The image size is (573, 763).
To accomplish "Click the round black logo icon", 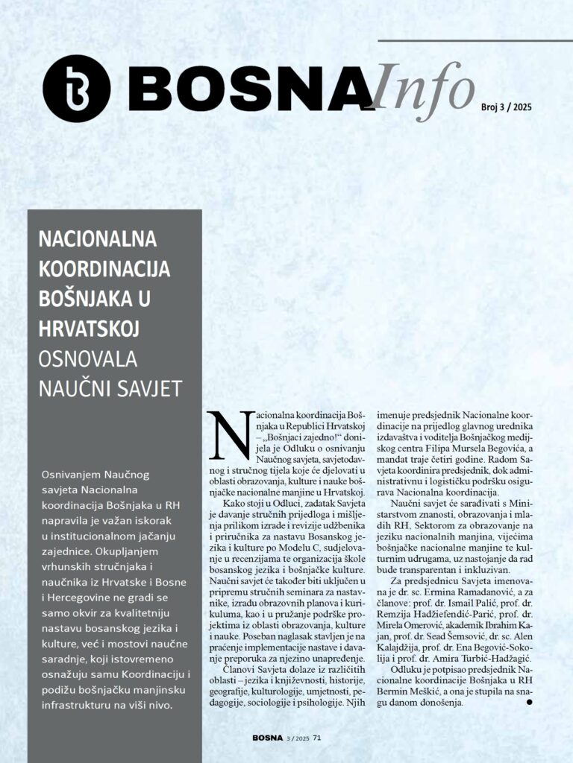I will click(x=77, y=88).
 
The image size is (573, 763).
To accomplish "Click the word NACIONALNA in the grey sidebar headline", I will click(x=97, y=240).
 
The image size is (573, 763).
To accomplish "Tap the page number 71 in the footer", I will click(x=317, y=738).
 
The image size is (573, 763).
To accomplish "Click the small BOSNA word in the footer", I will click(x=267, y=738).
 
